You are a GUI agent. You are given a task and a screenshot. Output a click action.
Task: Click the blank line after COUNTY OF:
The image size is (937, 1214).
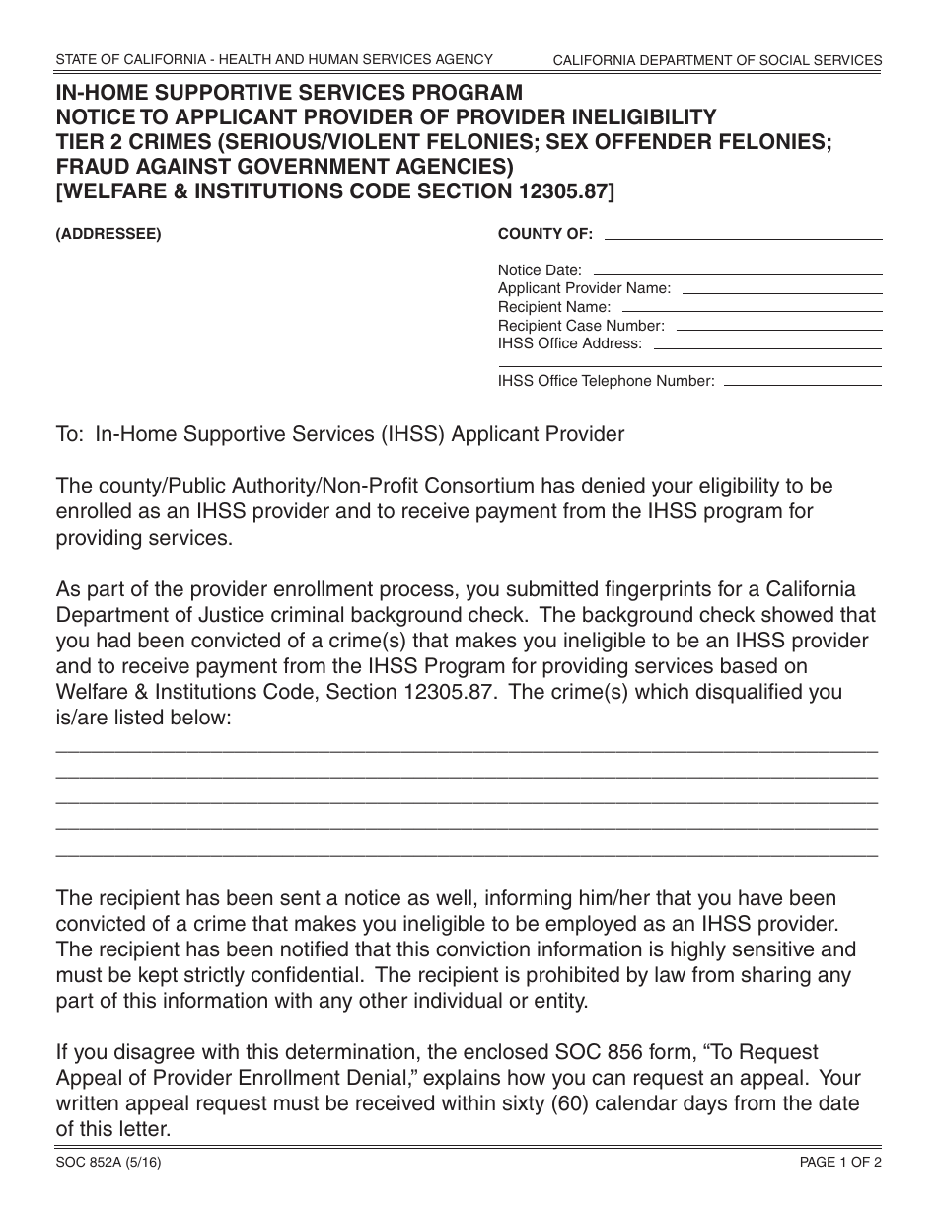pyautogui.click(x=742, y=238)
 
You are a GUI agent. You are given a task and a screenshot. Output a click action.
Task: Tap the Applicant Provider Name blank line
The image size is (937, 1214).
pyautogui.click(x=780, y=293)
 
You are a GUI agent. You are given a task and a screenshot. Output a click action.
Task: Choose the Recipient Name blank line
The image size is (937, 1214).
pyautogui.click(x=750, y=311)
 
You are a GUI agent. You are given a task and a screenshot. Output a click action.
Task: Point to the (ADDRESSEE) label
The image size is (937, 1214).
pyautogui.click(x=108, y=234)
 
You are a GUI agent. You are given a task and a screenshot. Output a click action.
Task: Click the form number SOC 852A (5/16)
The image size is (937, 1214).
pyautogui.click(x=108, y=1162)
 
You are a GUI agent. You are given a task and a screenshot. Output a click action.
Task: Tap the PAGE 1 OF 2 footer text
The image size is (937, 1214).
pyautogui.click(x=840, y=1162)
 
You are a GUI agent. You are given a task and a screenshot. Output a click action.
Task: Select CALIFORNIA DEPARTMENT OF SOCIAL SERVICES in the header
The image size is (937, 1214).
pyautogui.click(x=717, y=60)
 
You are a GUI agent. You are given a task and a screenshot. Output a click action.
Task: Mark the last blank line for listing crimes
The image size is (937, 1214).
pyautogui.click(x=467, y=853)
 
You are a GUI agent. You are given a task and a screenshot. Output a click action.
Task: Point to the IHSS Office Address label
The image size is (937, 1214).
pyautogui.click(x=569, y=343)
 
